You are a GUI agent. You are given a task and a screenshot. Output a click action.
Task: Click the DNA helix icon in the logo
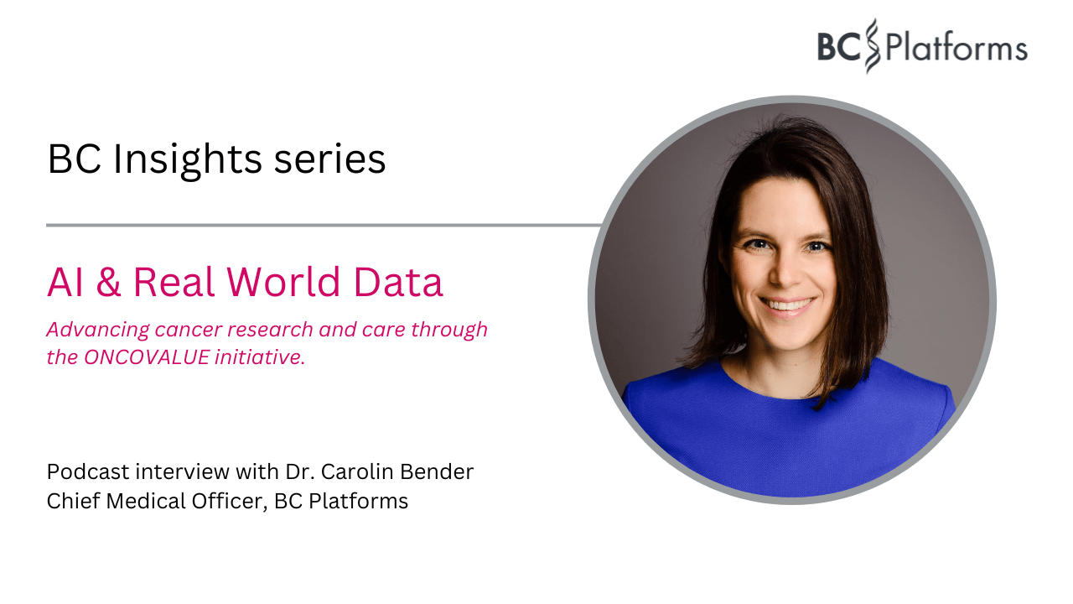click(872, 45)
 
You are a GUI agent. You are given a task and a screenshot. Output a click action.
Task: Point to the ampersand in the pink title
click(108, 283)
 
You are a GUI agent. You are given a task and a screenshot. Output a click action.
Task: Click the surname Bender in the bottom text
click(438, 471)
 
